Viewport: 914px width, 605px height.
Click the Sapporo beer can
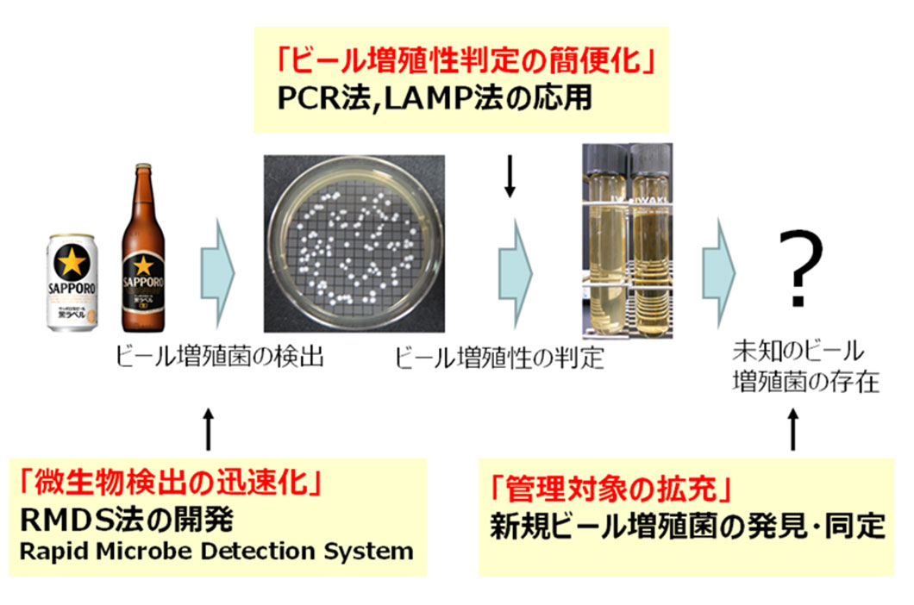tap(72, 283)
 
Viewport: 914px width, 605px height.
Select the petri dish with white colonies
tap(354, 244)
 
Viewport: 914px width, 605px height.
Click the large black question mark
tap(801, 268)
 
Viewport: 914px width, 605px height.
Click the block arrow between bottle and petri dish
tap(216, 273)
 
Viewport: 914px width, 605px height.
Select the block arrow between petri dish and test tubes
tap(515, 273)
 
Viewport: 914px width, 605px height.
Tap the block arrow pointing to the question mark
tap(718, 273)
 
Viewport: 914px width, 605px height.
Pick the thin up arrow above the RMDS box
tap(209, 429)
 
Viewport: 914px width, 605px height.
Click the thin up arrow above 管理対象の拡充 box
tap(792, 429)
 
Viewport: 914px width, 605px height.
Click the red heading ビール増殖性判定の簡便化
tap(466, 60)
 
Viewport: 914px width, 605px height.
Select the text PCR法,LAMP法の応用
tap(435, 98)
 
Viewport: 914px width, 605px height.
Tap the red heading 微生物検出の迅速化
tap(170, 482)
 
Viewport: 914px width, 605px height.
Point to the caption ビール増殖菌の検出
tap(220, 357)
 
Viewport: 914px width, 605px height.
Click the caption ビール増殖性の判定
tap(499, 358)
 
